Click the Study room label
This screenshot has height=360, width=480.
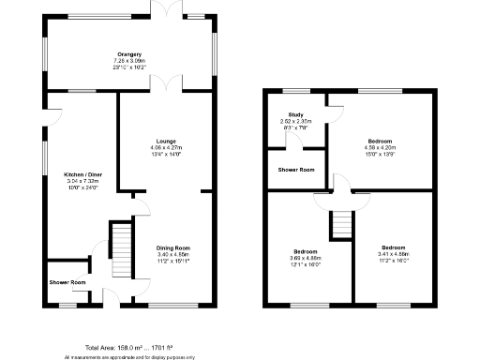point(295,114)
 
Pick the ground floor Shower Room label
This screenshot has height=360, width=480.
point(67,282)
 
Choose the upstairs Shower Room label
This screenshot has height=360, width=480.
point(296,170)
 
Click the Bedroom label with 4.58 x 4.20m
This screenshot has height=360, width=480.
point(381,141)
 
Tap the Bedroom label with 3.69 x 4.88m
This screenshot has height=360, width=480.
point(306,252)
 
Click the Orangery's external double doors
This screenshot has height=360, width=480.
point(170,9)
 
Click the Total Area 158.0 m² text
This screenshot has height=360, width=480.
point(128,347)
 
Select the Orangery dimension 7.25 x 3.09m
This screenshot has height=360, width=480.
point(128,62)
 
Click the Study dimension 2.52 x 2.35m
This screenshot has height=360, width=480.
point(295,121)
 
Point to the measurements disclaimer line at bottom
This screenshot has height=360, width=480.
point(128,356)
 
